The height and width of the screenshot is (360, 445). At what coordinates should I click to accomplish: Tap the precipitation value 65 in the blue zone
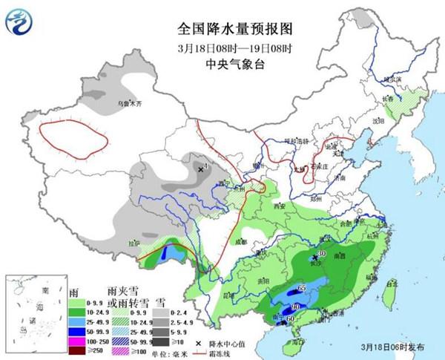click(301, 287)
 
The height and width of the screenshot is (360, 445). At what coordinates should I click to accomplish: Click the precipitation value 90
click(294, 306)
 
